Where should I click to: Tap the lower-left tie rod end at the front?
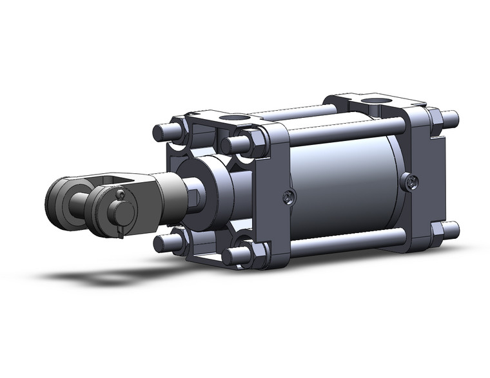(162, 243)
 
